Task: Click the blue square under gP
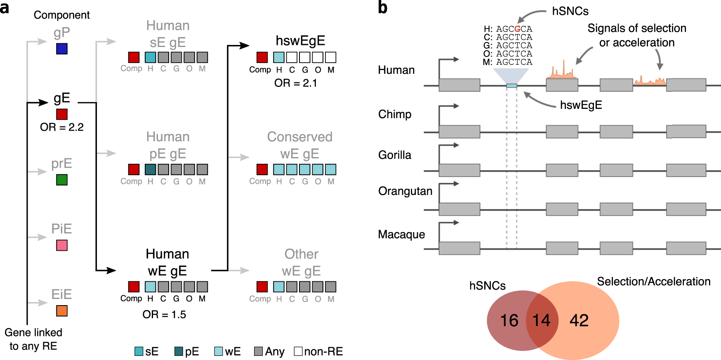pos(62,49)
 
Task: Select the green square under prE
pos(62,180)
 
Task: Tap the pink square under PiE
pos(62,245)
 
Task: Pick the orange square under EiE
pos(62,311)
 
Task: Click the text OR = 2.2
pos(62,127)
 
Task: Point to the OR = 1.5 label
pos(164,315)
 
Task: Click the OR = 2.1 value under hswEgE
pos(296,83)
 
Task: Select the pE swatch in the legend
pos(179,351)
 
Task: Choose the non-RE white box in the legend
pos(298,351)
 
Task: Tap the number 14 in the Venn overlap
pos(541,320)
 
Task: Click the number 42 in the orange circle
pos(579,320)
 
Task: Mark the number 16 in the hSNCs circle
pos(509,320)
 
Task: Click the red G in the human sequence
pos(517,29)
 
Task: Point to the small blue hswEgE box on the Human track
pos(511,86)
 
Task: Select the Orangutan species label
pos(405,191)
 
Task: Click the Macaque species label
pos(401,234)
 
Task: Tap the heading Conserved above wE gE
pos(299,136)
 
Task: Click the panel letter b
pos(383,8)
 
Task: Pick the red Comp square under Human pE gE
pos(134,169)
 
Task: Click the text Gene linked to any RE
pos(33,339)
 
